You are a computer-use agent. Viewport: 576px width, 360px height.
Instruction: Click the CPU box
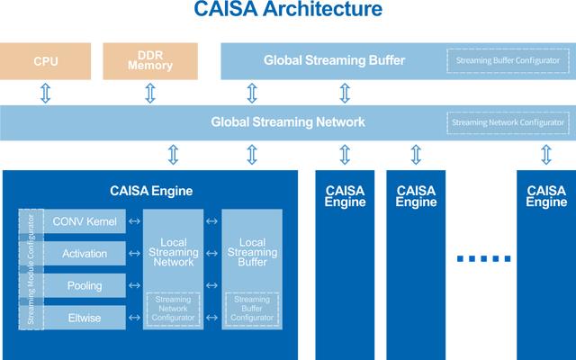click(x=46, y=61)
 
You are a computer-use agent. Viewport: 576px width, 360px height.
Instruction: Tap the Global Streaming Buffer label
click(x=334, y=61)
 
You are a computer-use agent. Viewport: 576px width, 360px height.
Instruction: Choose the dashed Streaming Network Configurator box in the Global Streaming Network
click(x=508, y=122)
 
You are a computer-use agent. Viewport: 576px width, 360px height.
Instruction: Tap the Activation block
click(x=84, y=254)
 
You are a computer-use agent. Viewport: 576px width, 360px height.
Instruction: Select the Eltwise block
click(x=83, y=317)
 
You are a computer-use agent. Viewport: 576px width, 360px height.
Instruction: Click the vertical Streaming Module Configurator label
click(x=31, y=270)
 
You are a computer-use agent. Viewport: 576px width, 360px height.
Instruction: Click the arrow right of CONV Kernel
click(x=134, y=221)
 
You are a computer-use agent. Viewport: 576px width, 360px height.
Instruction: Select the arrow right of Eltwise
click(x=134, y=317)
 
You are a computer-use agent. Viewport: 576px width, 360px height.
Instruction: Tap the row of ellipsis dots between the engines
click(x=483, y=259)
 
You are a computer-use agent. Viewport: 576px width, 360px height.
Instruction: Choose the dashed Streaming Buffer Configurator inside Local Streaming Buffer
click(x=251, y=309)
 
